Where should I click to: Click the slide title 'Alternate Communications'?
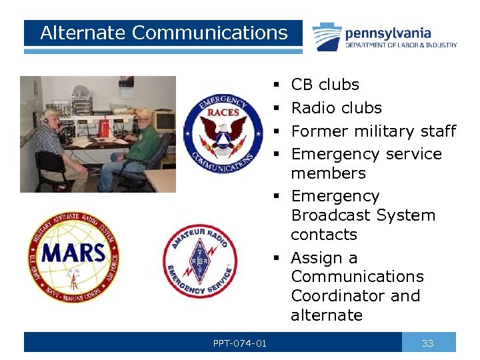point(163,33)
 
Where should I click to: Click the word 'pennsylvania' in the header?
point(388,33)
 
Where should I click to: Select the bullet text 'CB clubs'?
point(325,85)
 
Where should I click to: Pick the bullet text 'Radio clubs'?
point(336,108)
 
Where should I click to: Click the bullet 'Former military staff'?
point(373,131)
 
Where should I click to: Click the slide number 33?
point(428,343)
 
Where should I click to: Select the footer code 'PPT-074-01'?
point(240,343)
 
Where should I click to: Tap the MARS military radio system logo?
point(73,257)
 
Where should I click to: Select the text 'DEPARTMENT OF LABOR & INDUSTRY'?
point(401,45)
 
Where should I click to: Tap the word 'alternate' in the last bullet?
point(327,315)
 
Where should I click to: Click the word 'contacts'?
point(324,235)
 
